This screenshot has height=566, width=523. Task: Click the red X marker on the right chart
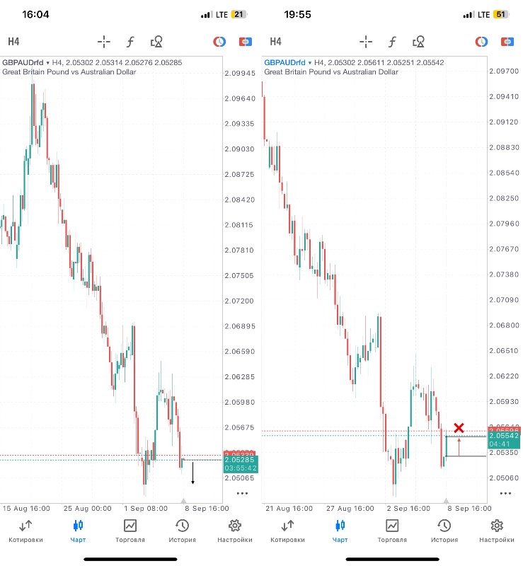tap(459, 427)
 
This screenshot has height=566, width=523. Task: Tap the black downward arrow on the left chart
tap(193, 473)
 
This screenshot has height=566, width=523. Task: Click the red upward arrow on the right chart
tap(459, 446)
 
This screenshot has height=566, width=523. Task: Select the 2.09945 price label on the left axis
tap(239, 73)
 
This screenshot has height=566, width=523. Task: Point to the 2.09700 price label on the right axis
tap(503, 71)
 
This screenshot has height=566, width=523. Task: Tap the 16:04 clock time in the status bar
tap(35, 14)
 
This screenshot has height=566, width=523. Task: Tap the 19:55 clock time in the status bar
tap(298, 14)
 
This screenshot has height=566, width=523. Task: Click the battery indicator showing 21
tap(238, 14)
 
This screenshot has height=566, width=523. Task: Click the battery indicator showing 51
tap(500, 14)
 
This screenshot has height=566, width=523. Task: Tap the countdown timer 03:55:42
tap(240, 468)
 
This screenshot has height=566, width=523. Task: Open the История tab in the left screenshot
tap(182, 531)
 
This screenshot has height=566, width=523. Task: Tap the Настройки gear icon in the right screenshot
tap(497, 531)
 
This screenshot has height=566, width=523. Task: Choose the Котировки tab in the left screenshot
tap(25, 531)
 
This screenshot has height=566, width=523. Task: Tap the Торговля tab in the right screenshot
tap(392, 531)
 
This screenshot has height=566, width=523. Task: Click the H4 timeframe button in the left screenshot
tap(14, 42)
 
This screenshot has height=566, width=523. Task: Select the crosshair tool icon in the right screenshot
tap(366, 42)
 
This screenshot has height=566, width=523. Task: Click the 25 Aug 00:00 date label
tap(88, 508)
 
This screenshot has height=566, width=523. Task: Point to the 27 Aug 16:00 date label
tap(352, 508)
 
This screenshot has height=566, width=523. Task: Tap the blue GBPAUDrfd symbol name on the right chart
tap(285, 62)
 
